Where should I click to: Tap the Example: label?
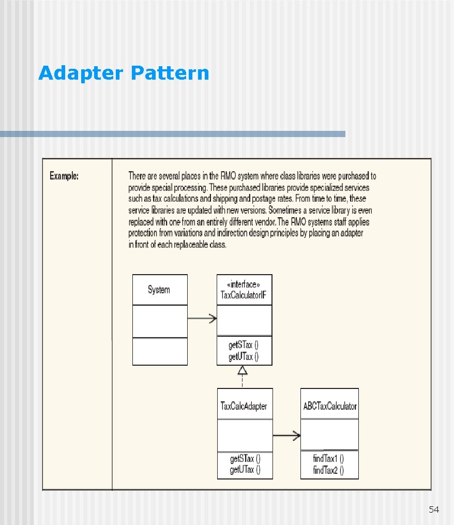pyautogui.click(x=64, y=176)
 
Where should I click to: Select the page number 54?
pyautogui.click(x=434, y=510)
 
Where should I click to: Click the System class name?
pyautogui.click(x=159, y=290)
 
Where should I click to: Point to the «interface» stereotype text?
pyautogui.click(x=244, y=284)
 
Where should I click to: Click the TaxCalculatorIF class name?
pyautogui.click(x=244, y=295)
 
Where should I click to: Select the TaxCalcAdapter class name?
pyautogui.click(x=244, y=406)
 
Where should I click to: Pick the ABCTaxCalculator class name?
pyautogui.click(x=330, y=406)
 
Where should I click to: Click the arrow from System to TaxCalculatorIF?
pyautogui.click(x=202, y=319)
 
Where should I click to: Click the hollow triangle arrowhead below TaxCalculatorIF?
pyautogui.click(x=243, y=370)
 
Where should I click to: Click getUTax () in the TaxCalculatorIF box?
pyautogui.click(x=244, y=356)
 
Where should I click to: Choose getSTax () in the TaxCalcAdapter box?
pyautogui.click(x=245, y=459)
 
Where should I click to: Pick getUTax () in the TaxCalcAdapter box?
pyautogui.click(x=245, y=470)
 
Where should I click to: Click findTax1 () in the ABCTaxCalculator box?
pyautogui.click(x=328, y=459)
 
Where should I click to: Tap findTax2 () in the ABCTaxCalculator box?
pyautogui.click(x=328, y=470)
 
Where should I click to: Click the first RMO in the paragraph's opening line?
pyautogui.click(x=216, y=176)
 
